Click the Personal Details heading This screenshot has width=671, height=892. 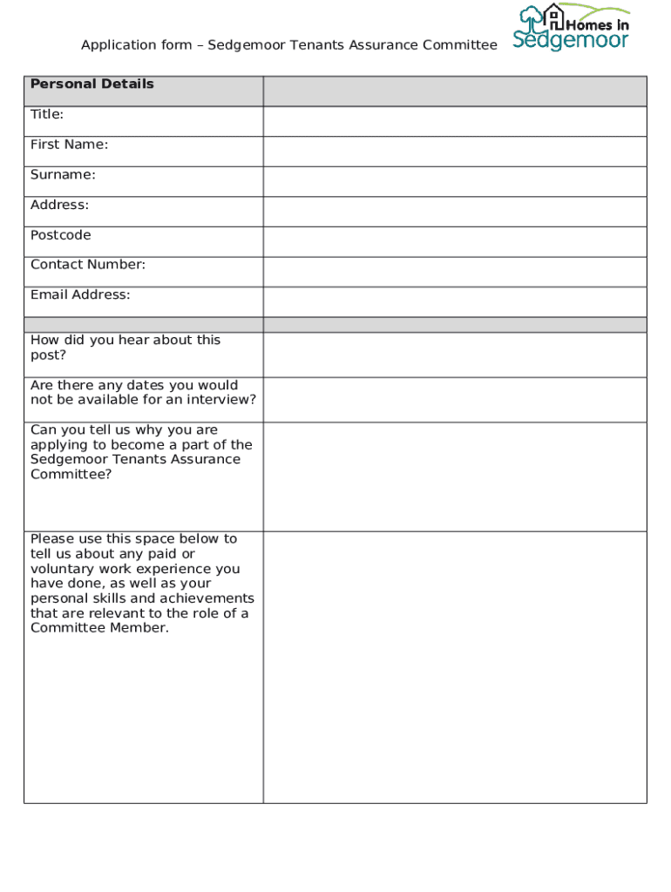pos(92,84)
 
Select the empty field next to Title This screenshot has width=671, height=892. pos(454,121)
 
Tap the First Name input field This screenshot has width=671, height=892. pos(454,151)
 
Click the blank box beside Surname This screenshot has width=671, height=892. pos(454,181)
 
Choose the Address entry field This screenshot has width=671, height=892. pos(454,212)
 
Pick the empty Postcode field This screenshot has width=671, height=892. pos(454,241)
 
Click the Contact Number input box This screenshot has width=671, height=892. pos(454,272)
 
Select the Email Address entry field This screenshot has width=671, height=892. pos(454,301)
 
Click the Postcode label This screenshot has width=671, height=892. pos(60,235)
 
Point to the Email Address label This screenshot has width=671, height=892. pos(80,295)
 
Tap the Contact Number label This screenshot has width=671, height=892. pos(88,265)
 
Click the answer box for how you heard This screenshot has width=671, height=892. pos(454,355)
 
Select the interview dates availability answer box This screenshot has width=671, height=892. pos(454,400)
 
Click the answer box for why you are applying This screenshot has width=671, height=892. pos(454,476)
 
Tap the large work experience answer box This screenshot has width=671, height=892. pos(454,666)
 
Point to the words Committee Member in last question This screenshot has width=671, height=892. pos(98,628)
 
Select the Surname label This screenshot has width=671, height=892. pos(63,175)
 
